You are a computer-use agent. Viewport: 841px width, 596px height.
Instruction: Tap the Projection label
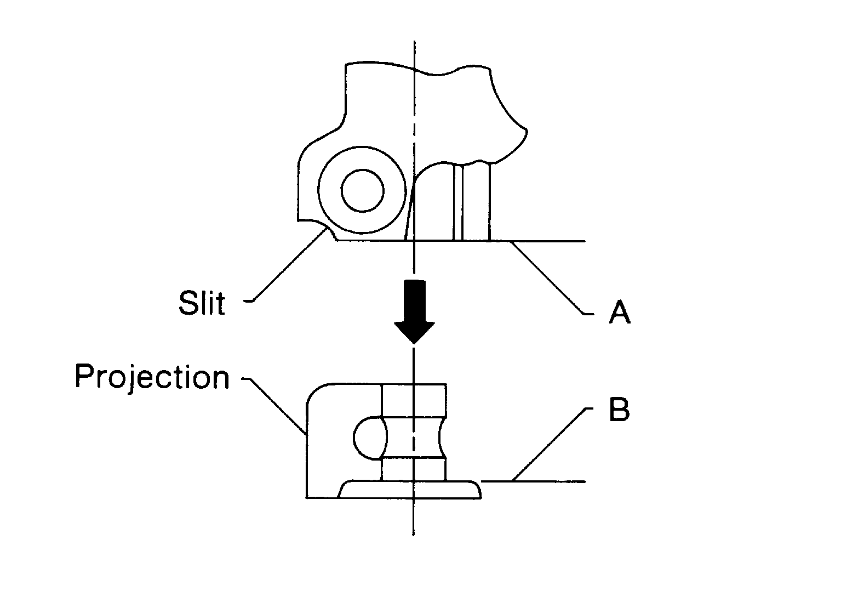152,378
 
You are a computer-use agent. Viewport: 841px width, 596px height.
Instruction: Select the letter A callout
619,313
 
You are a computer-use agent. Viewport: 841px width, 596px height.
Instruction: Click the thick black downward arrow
414,310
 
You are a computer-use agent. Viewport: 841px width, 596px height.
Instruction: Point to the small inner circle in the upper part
362,191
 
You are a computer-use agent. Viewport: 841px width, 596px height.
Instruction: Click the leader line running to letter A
548,277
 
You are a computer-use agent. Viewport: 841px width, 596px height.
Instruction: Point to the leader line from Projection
277,405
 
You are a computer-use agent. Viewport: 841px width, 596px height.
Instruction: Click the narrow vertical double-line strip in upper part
458,203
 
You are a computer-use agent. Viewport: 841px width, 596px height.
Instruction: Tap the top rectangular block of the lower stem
414,400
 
